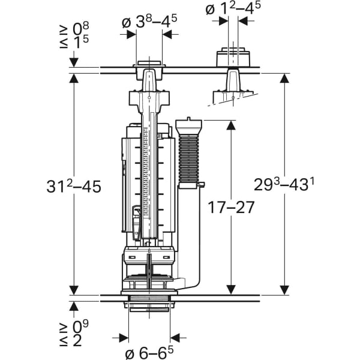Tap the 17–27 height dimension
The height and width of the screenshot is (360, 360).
pos(232,207)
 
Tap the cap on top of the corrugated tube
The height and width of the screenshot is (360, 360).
pos(190,127)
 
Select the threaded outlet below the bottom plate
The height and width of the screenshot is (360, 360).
pos(149,304)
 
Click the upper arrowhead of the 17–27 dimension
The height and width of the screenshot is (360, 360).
pos(232,125)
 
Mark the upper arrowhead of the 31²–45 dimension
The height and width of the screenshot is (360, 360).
pos(74,79)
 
